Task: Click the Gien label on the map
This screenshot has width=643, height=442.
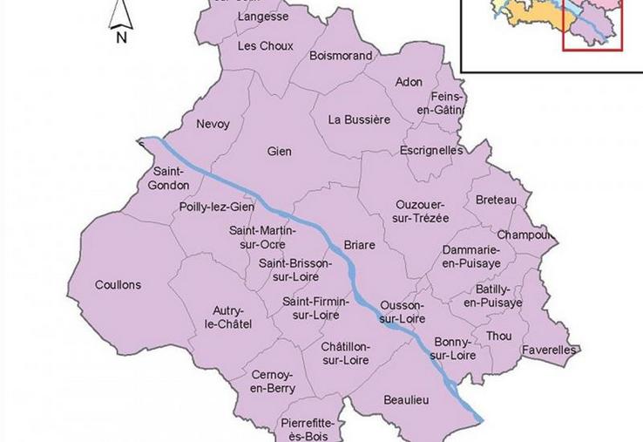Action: (280, 152)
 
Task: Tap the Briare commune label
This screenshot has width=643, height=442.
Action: (359, 245)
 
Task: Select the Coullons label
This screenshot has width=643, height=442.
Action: (118, 285)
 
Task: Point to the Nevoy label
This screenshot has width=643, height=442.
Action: (213, 125)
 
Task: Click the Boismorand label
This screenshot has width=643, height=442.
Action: (341, 56)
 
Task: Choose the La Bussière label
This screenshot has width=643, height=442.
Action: (359, 119)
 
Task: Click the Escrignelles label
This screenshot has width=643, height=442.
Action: (431, 151)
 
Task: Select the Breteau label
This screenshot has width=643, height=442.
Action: (496, 201)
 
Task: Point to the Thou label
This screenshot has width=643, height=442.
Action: (499, 336)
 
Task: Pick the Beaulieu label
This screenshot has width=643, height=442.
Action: (406, 400)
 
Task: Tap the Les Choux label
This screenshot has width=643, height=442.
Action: (265, 45)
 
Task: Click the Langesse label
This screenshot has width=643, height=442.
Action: (262, 17)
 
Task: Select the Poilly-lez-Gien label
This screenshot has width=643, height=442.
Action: (216, 207)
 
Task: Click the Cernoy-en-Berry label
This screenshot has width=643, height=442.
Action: (272, 381)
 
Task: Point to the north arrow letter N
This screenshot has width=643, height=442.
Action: (121, 37)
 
